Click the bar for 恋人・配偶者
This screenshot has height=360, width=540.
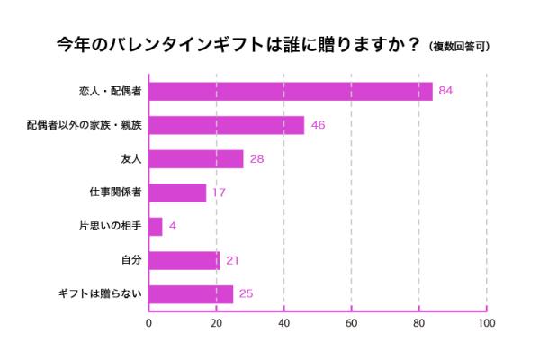290,91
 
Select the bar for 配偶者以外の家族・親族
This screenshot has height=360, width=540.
226,125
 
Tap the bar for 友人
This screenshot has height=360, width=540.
195,158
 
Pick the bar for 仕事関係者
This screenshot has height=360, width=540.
177,193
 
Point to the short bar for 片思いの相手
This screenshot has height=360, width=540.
155,226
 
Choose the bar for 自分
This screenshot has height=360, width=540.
184,260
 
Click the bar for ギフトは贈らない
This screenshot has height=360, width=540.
191,293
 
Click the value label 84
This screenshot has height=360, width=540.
445,91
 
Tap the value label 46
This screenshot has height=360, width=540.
318,125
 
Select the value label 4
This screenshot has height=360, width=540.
172,226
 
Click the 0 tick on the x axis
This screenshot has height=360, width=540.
148,322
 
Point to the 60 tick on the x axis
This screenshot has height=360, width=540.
351,322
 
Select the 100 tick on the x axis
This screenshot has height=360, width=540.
486,322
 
